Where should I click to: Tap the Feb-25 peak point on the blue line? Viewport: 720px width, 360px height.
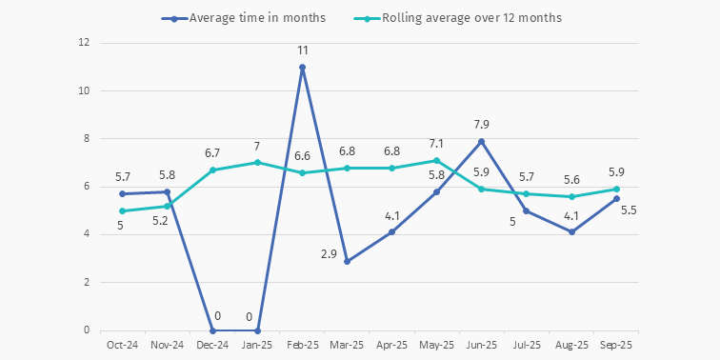tap(302, 67)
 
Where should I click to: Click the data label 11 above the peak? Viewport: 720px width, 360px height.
tap(302, 50)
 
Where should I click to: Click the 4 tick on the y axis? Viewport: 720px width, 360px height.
tap(86, 234)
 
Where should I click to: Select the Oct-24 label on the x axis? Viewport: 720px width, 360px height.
tap(122, 345)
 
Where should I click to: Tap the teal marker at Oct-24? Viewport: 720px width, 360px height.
tap(122, 210)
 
